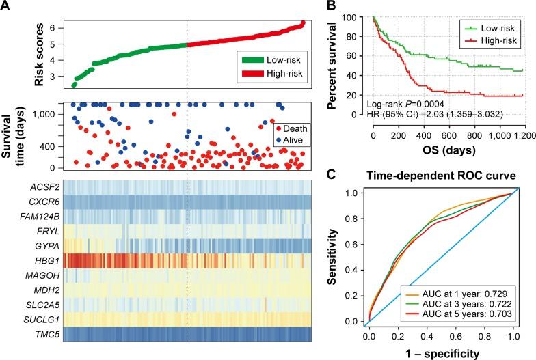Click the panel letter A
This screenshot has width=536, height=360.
click(5, 6)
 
